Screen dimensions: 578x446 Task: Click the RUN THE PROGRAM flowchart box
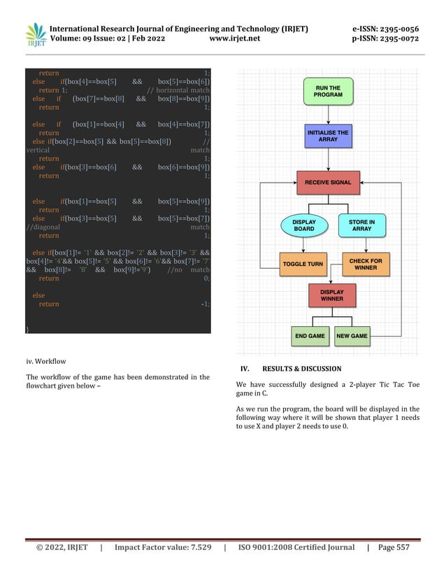click(328, 91)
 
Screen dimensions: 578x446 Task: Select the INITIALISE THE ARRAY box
click(328, 135)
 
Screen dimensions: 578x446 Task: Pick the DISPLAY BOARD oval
click(303, 225)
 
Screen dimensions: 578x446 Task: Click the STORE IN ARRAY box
click(361, 225)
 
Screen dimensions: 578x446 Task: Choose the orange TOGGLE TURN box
click(303, 264)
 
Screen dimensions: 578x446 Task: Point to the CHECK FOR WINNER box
click(366, 264)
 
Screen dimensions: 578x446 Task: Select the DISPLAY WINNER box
click(331, 295)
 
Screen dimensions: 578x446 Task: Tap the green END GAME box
click(310, 336)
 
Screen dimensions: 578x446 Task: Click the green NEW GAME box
click(352, 336)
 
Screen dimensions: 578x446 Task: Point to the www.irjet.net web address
click(234, 38)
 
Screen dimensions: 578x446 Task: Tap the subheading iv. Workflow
click(45, 361)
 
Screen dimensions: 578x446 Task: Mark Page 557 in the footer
click(394, 547)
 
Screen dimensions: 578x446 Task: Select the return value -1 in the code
click(205, 304)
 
